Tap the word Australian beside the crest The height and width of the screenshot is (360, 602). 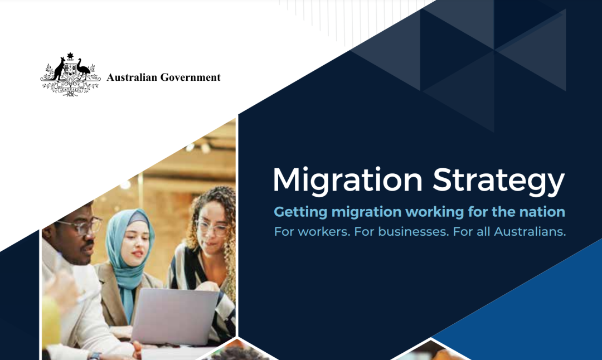[x=132, y=77]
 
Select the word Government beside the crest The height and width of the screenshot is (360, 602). [x=191, y=77]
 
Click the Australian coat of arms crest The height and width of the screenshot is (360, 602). [x=70, y=75]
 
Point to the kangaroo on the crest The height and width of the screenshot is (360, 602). [x=59, y=69]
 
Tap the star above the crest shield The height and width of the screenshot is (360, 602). [x=70, y=56]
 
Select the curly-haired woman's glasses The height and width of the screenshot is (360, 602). [x=212, y=227]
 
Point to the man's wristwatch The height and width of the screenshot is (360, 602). [x=94, y=356]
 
